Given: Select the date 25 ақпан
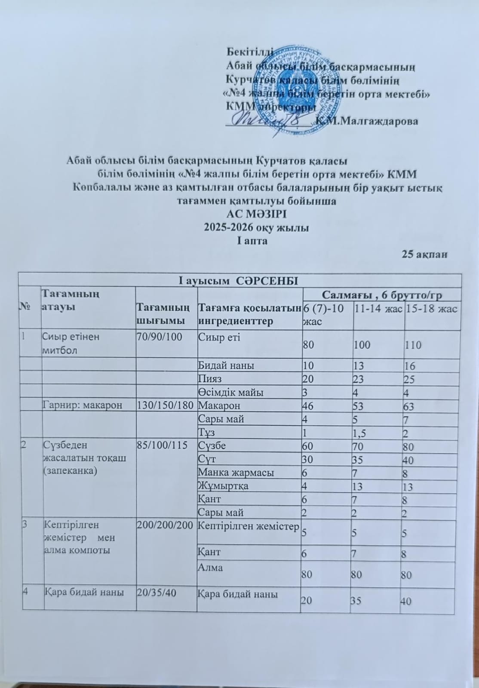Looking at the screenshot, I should [x=424, y=254].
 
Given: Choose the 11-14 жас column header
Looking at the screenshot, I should [x=378, y=308].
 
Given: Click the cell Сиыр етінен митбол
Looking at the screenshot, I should [x=71, y=343].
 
